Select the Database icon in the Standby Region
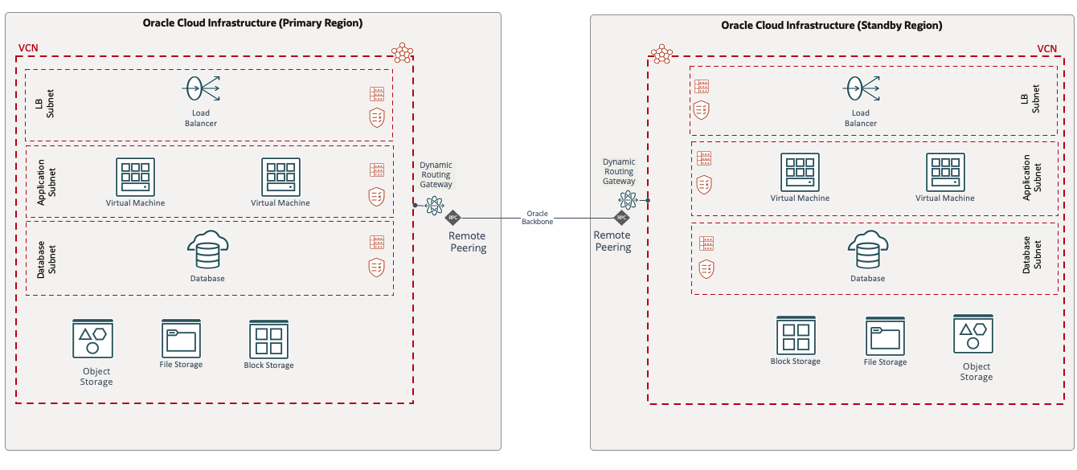tap(868, 251)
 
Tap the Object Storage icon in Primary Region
tap(92, 339)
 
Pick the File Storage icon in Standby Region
tap(885, 336)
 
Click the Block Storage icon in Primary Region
tap(268, 339)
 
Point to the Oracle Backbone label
tap(538, 218)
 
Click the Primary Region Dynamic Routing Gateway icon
tap(435, 204)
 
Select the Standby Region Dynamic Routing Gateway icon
tap(629, 201)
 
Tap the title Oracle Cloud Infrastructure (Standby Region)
tap(831, 26)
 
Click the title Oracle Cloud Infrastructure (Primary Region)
tap(252, 23)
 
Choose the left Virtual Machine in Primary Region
tap(135, 177)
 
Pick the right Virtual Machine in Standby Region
tap(945, 173)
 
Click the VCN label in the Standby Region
tap(1046, 49)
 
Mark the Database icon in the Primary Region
tap(207, 251)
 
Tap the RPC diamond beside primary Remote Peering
tap(453, 218)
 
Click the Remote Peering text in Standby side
tap(612, 241)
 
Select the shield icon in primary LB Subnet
tap(376, 116)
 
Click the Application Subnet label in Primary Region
tap(47, 182)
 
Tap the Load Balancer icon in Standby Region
tap(861, 89)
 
